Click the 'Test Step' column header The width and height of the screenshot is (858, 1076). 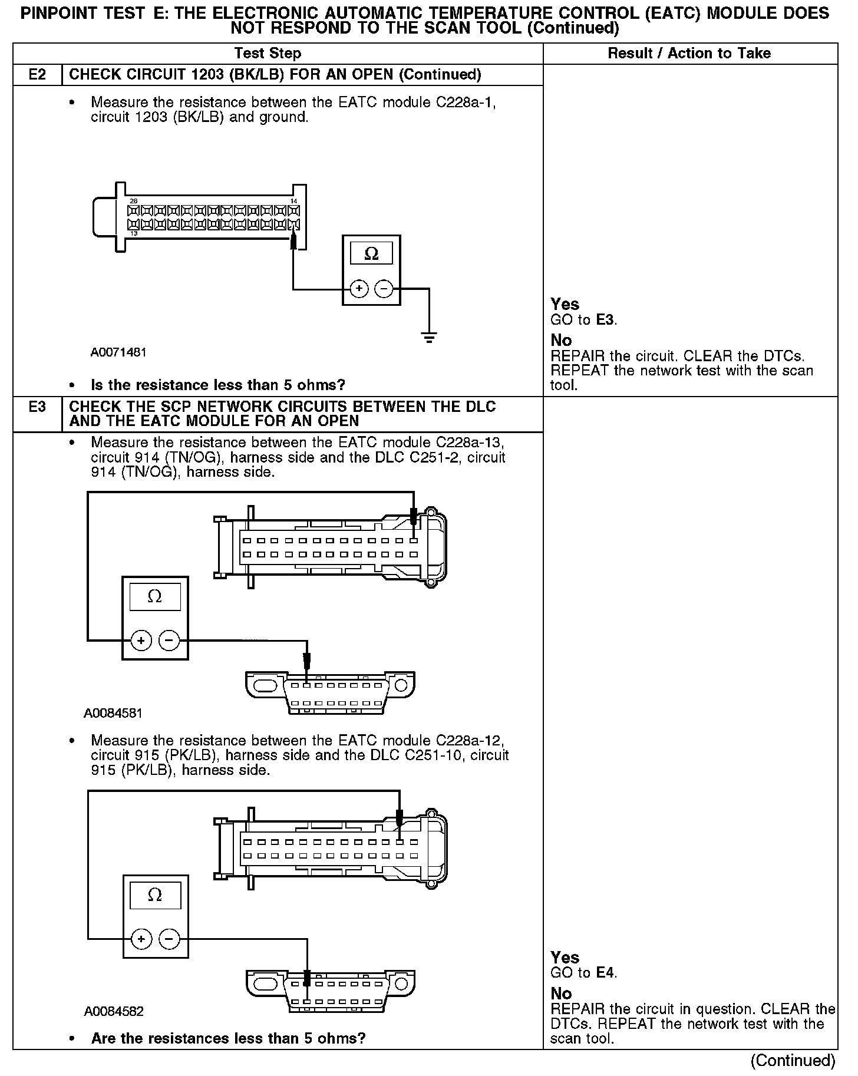(x=268, y=54)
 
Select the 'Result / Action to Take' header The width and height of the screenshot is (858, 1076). (x=689, y=54)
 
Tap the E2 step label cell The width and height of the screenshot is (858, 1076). (x=37, y=75)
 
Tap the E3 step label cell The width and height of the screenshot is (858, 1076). (x=37, y=407)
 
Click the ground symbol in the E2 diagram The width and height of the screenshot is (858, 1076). (x=430, y=338)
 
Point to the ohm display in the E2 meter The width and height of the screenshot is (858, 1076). (x=371, y=254)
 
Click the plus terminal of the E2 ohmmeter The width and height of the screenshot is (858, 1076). (x=359, y=289)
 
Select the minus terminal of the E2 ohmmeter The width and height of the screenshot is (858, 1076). (x=384, y=289)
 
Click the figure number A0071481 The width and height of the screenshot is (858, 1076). (x=118, y=352)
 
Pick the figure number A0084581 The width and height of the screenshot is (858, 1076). (x=113, y=713)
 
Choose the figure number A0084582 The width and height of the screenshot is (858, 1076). (x=114, y=1011)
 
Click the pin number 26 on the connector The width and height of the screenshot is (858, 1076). (x=134, y=201)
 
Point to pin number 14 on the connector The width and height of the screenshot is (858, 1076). (x=294, y=201)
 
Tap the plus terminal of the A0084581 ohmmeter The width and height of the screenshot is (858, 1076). (x=141, y=640)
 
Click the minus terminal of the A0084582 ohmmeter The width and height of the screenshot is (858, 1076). (x=169, y=938)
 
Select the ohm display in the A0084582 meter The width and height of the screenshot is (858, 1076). (x=154, y=895)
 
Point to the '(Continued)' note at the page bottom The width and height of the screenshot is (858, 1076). (x=793, y=1060)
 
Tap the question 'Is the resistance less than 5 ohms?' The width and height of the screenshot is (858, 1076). (x=218, y=385)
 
